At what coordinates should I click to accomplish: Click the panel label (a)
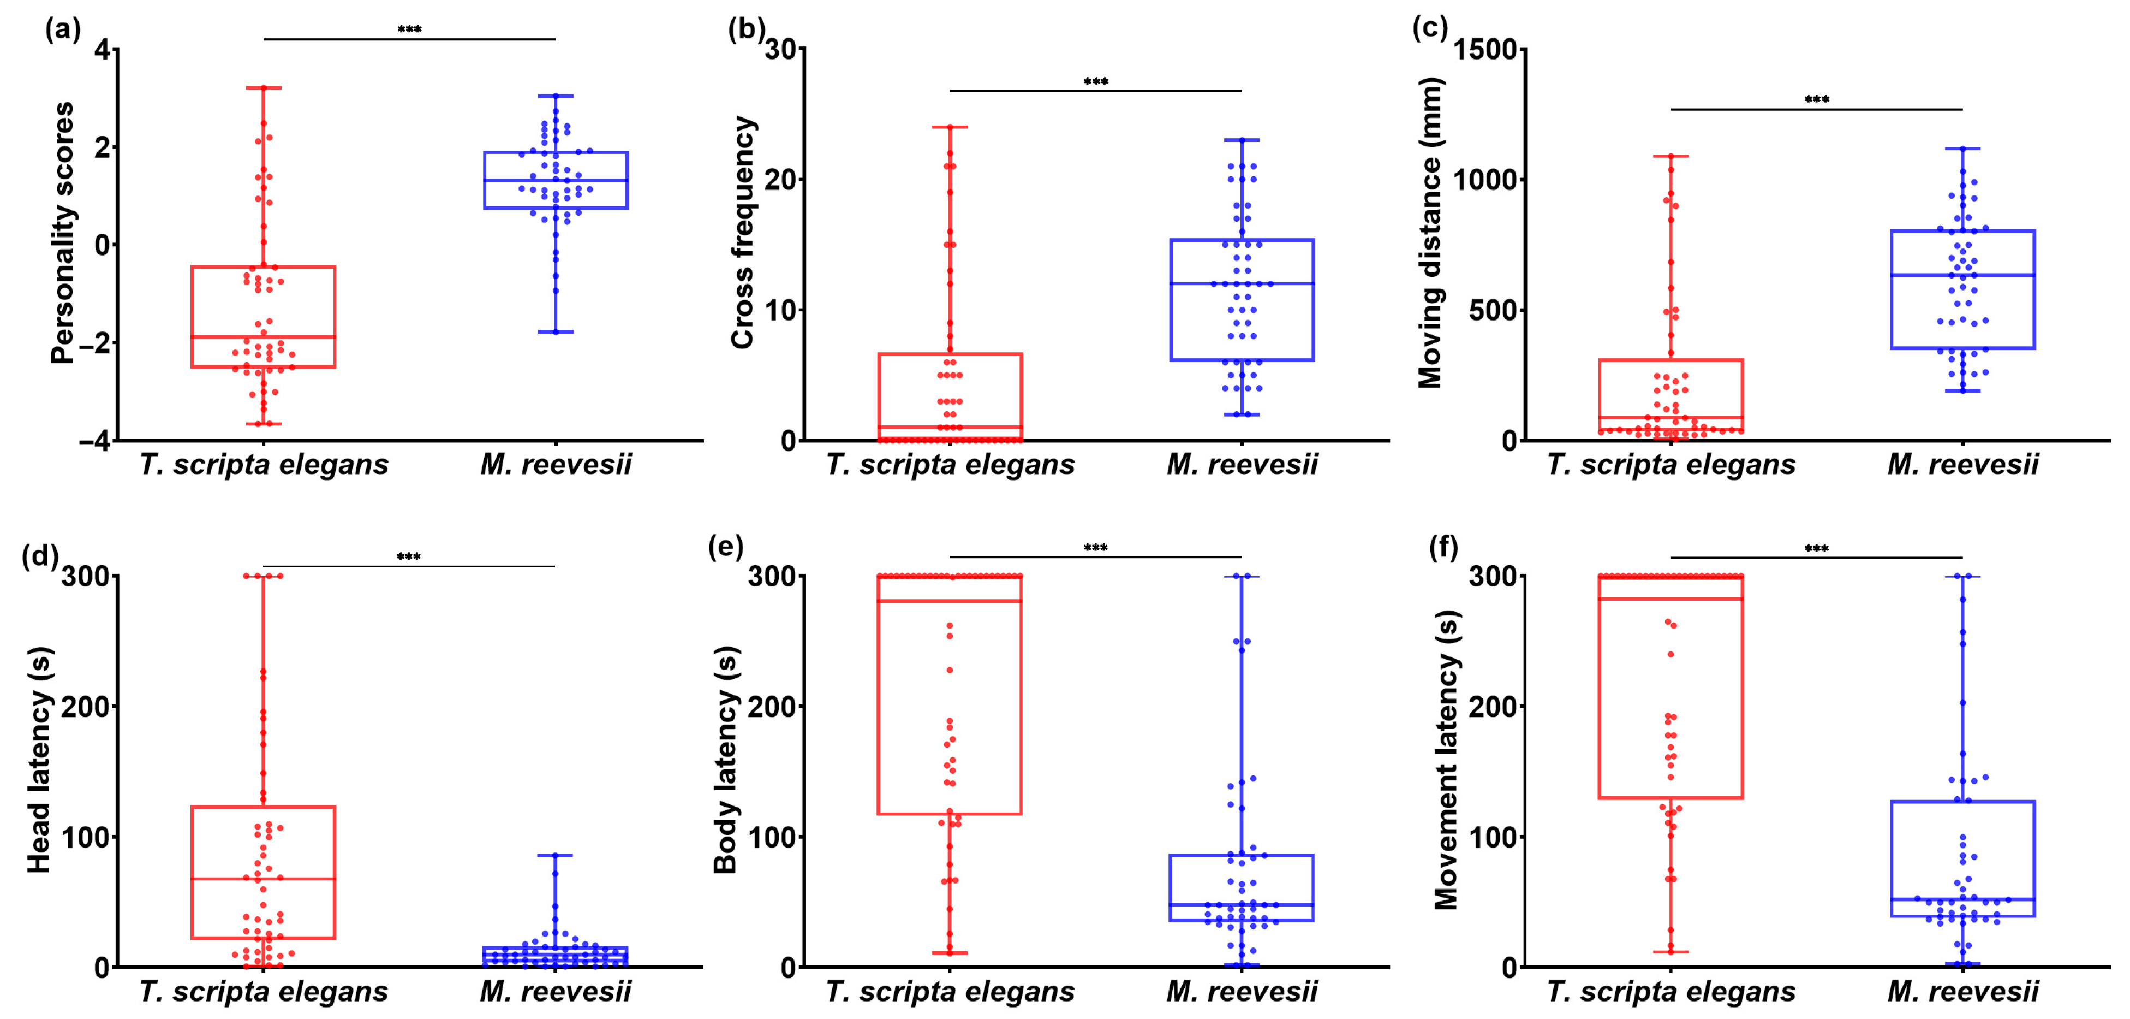click(63, 30)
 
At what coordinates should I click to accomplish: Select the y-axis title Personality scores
click(63, 233)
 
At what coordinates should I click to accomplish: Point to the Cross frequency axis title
click(743, 233)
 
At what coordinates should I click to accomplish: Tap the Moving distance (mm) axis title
click(1430, 233)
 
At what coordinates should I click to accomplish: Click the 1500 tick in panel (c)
click(1486, 50)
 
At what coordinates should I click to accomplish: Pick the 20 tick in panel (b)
click(781, 180)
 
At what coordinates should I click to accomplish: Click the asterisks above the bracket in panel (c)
click(1817, 100)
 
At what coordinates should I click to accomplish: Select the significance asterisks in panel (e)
click(1096, 548)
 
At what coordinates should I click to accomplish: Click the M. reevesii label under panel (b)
click(1242, 465)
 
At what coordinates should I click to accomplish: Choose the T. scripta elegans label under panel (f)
click(1671, 991)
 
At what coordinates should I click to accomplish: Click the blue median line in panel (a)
click(556, 180)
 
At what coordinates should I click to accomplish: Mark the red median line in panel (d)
click(263, 879)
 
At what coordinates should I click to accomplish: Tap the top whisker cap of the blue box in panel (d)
click(555, 855)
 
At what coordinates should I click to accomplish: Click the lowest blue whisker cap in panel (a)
click(556, 331)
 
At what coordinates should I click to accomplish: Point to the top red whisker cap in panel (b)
click(950, 127)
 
